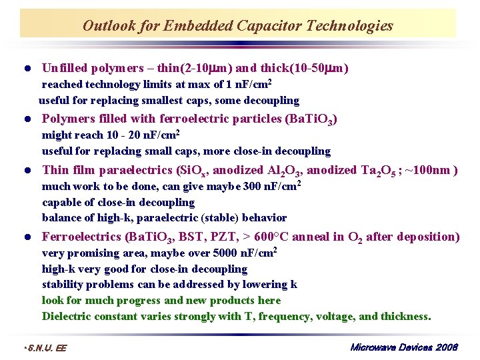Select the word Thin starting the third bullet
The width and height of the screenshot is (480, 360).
click(x=55, y=170)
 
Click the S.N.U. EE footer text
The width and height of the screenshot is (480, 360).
click(x=45, y=348)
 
